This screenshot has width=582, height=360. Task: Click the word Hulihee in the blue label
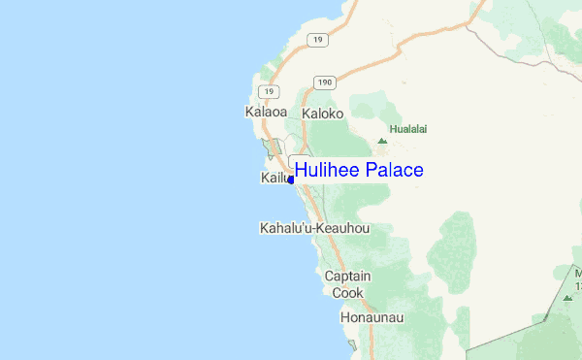click(x=329, y=171)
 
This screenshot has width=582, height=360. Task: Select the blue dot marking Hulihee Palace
click(x=290, y=180)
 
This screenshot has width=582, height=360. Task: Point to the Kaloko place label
click(x=323, y=114)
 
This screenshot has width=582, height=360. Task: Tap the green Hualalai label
click(x=407, y=128)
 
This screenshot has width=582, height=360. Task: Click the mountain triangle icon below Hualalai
click(x=382, y=142)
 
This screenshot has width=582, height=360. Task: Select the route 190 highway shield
click(x=323, y=82)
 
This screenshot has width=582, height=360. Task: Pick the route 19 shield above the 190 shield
click(x=316, y=39)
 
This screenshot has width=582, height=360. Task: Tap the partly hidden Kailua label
click(x=275, y=179)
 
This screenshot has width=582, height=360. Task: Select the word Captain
click(x=347, y=277)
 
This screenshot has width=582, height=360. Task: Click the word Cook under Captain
click(x=347, y=292)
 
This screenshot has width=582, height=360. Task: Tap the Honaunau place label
click(x=372, y=317)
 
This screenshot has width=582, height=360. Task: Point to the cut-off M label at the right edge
click(x=577, y=274)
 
